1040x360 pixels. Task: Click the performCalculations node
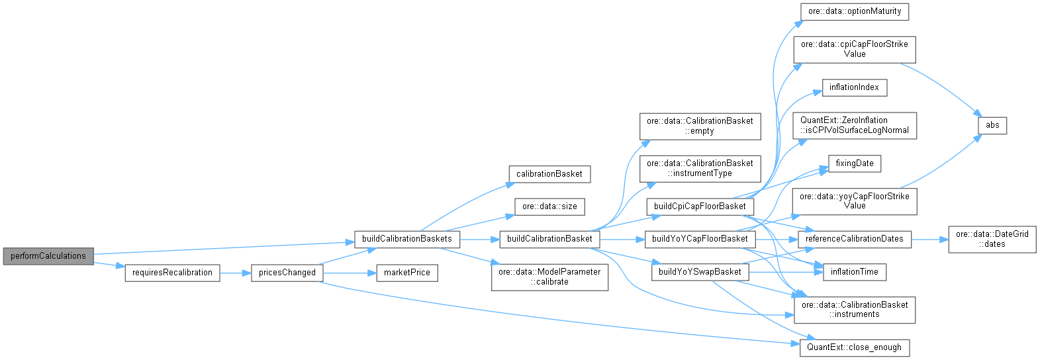point(48,256)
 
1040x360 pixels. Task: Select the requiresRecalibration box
point(172,273)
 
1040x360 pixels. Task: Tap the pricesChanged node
point(287,273)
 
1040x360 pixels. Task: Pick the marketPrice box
point(407,273)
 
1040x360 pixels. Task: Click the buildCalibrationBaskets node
point(407,239)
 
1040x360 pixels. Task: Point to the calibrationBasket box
point(549,174)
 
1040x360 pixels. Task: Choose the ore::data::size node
point(549,206)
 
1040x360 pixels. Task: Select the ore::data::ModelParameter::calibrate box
point(549,277)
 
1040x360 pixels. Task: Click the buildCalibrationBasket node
point(549,239)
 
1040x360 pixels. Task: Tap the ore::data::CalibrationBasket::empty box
point(700,126)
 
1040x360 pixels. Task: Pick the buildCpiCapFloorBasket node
point(700,206)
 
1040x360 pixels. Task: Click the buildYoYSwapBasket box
point(700,272)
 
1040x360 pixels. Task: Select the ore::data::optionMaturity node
point(855,12)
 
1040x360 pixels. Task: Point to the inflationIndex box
point(854,87)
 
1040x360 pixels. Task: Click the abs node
point(992,126)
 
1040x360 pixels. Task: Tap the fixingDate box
point(855,163)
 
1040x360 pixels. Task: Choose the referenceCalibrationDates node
point(854,239)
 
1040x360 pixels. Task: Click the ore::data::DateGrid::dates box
point(992,239)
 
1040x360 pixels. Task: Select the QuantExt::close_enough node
point(854,347)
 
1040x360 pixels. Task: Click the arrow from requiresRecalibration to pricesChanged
point(235,273)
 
